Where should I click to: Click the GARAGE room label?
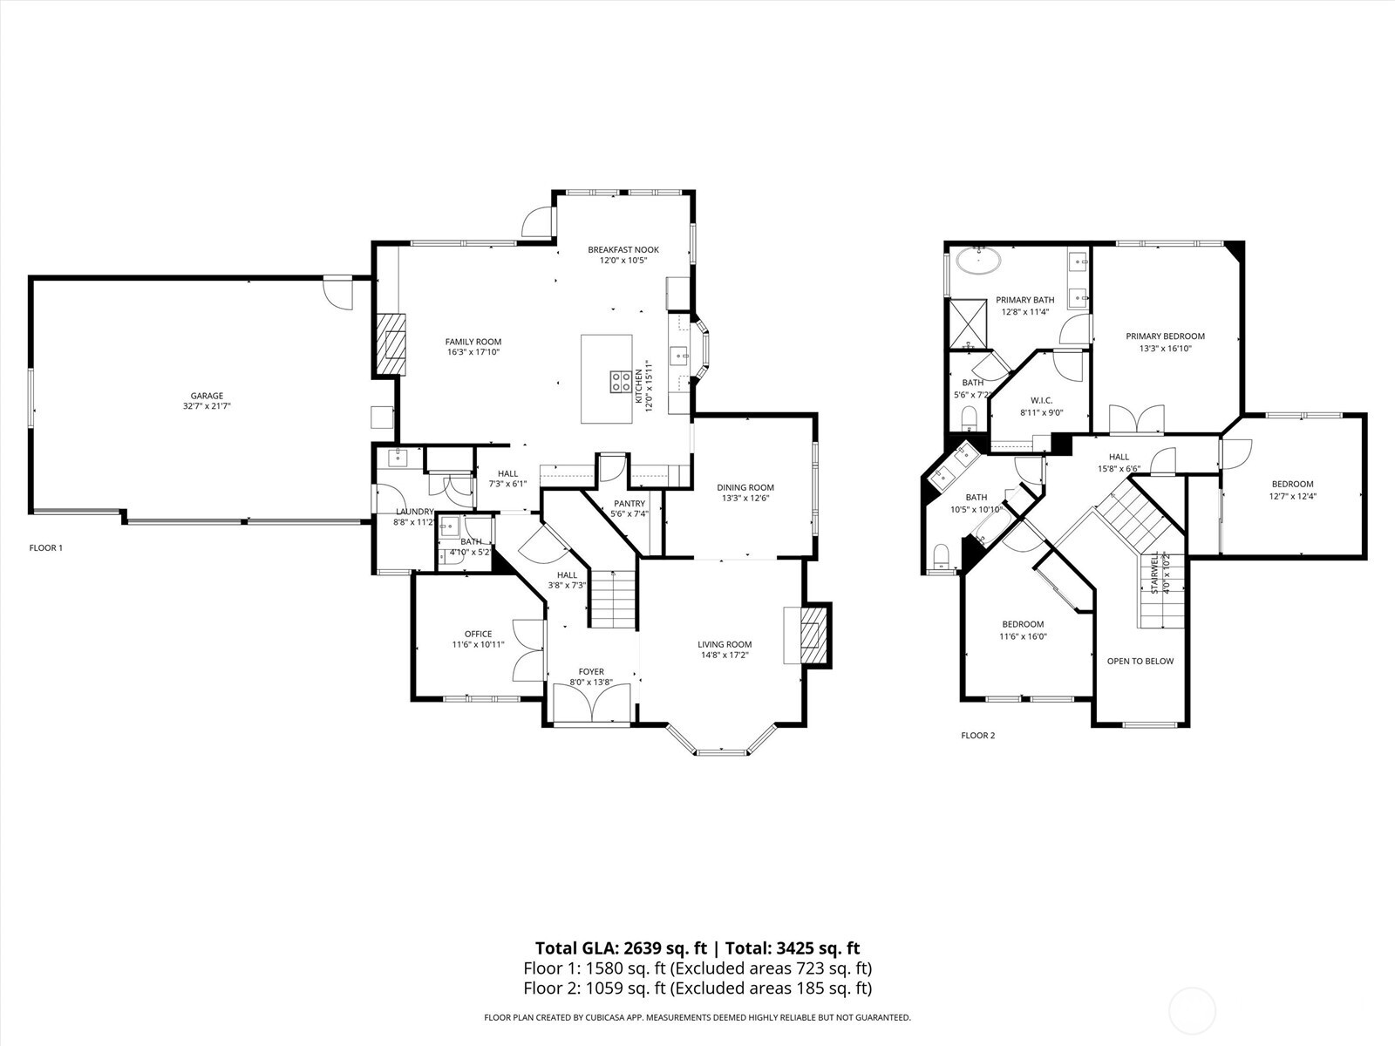pos(207,396)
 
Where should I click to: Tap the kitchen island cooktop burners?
pos(621,381)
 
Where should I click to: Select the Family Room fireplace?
pos(391,344)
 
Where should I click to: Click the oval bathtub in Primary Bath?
pos(978,259)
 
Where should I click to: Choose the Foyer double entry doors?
pos(592,704)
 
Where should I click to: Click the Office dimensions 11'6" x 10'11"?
pos(478,645)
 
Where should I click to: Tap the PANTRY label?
pos(629,504)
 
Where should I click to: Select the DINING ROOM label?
pos(745,487)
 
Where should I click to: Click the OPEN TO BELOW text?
pos(1140,661)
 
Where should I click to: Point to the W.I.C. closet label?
pos(1042,400)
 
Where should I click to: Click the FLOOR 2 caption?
pos(977,736)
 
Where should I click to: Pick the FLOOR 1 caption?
pos(46,548)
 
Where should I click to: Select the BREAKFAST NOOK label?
pos(623,249)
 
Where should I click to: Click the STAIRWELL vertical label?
pos(1154,573)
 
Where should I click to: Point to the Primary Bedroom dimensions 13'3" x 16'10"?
pos(1165,349)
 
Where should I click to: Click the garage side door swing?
pos(337,294)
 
